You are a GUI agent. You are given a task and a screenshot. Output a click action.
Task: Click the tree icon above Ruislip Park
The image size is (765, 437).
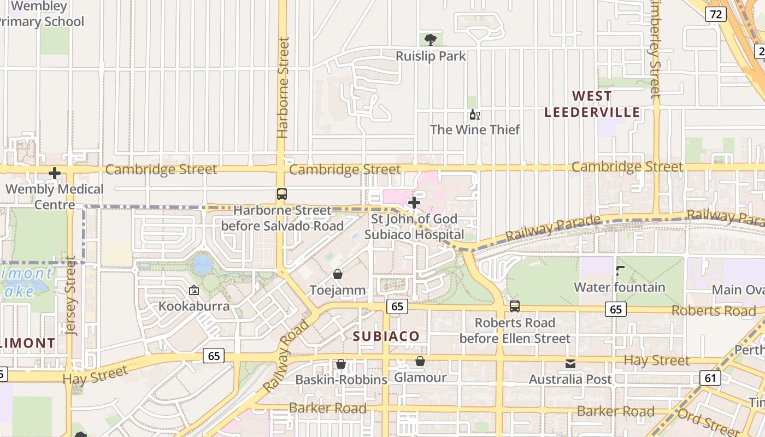click(x=431, y=39)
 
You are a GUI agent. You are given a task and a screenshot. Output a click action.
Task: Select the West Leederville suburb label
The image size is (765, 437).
click(x=592, y=104)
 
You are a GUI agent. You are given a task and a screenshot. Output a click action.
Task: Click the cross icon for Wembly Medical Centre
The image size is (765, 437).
click(x=55, y=173)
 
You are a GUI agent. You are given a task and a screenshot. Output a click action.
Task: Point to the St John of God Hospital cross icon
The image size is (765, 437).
click(x=414, y=203)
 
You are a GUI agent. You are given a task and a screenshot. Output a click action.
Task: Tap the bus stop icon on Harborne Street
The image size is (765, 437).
click(x=281, y=194)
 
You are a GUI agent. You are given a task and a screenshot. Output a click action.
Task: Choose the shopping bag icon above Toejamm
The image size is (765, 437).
click(x=338, y=274)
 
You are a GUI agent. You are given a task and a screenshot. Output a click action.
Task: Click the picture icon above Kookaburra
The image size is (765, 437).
click(x=193, y=290)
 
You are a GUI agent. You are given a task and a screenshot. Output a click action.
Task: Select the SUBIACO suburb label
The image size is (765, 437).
click(x=386, y=336)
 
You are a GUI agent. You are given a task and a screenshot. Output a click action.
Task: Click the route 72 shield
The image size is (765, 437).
click(x=715, y=14)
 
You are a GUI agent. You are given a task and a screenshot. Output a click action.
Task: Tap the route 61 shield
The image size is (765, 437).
click(x=710, y=377)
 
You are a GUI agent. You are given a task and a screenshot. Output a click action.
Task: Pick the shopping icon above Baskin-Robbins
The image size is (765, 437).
click(x=341, y=364)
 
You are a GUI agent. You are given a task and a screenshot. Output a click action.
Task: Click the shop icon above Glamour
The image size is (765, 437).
click(x=420, y=361)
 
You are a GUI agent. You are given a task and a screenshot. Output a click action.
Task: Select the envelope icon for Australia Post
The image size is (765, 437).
click(x=570, y=364)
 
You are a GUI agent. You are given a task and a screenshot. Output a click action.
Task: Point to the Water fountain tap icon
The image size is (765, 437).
click(x=620, y=271)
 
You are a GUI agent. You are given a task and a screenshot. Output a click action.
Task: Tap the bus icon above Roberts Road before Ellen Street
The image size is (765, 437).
click(x=514, y=306)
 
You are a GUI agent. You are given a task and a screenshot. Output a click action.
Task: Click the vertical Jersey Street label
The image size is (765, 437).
click(x=71, y=295)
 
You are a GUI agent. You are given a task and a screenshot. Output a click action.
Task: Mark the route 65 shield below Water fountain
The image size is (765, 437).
click(x=615, y=310)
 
